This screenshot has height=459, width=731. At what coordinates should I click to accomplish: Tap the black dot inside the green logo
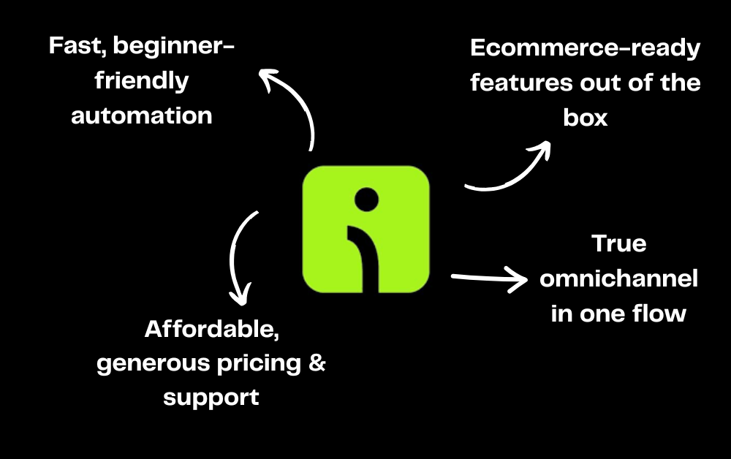(x=365, y=199)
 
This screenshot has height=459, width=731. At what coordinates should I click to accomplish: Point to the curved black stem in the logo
(x=369, y=256)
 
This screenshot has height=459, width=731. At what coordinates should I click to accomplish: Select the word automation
(x=142, y=115)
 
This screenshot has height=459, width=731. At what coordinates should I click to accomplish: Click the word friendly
(x=142, y=81)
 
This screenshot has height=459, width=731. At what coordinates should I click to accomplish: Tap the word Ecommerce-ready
(x=585, y=50)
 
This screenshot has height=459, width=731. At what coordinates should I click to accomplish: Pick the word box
(x=585, y=118)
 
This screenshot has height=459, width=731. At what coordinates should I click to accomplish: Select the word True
(x=618, y=243)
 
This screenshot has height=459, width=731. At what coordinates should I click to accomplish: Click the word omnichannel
(x=618, y=278)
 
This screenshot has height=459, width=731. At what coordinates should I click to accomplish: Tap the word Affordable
(x=212, y=330)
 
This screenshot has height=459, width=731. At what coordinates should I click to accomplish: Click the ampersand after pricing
(x=316, y=363)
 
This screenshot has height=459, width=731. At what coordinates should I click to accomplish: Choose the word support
(x=211, y=398)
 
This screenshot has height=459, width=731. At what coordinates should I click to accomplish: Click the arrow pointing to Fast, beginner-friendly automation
(x=292, y=102)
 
